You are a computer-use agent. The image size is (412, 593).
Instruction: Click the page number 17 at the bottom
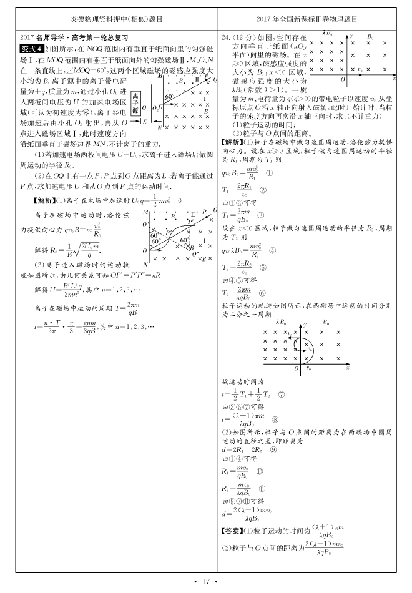205,582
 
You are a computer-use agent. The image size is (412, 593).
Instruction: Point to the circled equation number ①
270,174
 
